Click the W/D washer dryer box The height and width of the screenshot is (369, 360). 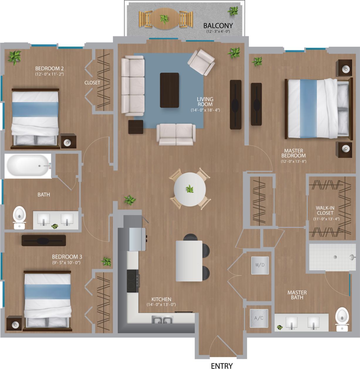[x=260, y=265]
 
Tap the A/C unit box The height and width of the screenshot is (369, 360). [x=259, y=318]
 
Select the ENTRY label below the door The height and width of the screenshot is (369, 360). [x=222, y=365]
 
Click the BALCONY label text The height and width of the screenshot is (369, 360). [x=218, y=26]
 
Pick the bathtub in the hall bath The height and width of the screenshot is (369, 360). [x=28, y=166]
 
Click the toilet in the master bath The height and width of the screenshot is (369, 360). [x=342, y=319]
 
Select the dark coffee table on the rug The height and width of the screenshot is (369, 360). [x=169, y=90]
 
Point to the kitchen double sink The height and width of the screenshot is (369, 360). [x=162, y=320]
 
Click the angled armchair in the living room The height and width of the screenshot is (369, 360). [x=201, y=62]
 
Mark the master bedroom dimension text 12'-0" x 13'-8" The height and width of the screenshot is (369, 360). [x=293, y=161]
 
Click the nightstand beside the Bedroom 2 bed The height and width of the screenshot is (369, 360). [x=69, y=141]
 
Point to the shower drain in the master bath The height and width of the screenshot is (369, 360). [x=335, y=257]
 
